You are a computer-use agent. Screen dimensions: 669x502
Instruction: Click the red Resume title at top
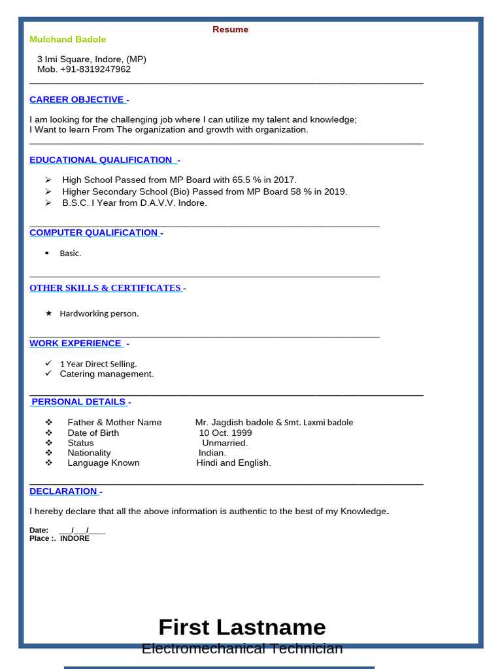point(230,29)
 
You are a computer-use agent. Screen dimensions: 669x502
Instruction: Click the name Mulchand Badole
point(67,40)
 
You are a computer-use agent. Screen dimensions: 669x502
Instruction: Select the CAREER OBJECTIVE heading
point(77,100)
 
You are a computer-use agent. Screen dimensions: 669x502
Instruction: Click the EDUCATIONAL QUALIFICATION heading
point(101,160)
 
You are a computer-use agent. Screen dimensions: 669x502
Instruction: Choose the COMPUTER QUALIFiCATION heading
point(94,233)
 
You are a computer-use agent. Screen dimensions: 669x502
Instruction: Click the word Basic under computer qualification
point(70,253)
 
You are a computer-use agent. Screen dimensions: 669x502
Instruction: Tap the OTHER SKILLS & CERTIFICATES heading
point(105,288)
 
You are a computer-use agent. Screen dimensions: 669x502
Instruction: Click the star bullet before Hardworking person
point(48,314)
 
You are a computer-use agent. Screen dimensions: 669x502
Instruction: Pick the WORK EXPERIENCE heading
point(76,344)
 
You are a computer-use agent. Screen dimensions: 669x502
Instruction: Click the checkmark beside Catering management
point(48,374)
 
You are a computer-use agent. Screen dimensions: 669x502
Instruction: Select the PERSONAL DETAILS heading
point(78,402)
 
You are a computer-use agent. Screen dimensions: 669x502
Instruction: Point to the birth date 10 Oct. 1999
point(226,433)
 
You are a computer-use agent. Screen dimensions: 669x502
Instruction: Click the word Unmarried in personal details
point(225,443)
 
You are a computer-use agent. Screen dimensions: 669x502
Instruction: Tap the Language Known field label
point(103,463)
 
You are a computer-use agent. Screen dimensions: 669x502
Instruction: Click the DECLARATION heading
point(63,491)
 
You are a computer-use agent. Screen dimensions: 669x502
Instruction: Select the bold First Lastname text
point(242,627)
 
